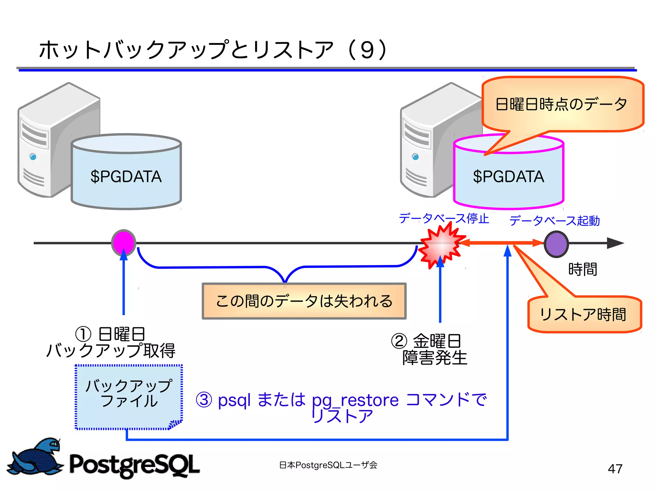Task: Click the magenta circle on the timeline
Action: (124, 243)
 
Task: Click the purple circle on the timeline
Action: (556, 244)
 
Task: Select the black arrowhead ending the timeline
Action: (615, 243)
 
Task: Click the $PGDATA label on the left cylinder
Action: (126, 177)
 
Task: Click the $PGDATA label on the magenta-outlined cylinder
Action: (508, 177)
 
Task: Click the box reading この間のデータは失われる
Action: (304, 301)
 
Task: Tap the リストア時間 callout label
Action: (583, 314)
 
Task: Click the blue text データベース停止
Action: (444, 219)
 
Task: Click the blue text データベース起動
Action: (554, 221)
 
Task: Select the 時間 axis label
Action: (583, 269)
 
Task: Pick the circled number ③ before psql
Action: (204, 400)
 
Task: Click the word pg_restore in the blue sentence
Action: (355, 400)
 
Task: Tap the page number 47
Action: (615, 469)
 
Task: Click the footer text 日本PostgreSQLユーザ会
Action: (328, 465)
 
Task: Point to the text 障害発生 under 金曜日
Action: (435, 358)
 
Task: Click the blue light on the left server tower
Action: (33, 157)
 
